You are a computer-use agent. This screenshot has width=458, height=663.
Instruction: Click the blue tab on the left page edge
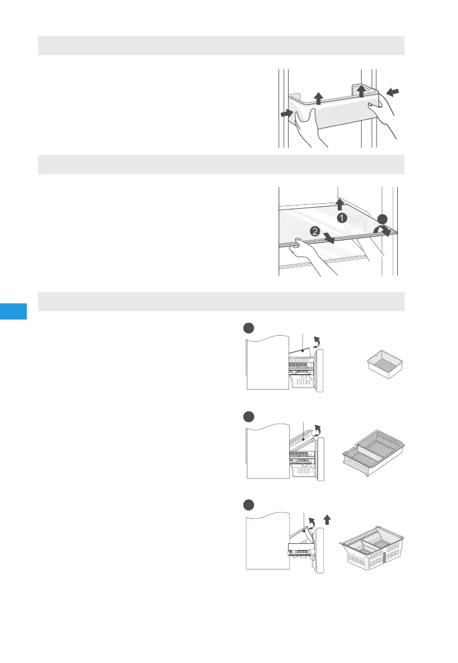(13, 311)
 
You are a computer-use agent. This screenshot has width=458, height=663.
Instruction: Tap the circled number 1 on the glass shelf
(342, 218)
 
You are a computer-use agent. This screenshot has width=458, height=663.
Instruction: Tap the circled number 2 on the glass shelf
(315, 231)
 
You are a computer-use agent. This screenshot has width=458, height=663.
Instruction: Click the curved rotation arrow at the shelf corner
(382, 230)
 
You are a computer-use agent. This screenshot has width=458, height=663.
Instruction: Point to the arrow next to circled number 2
(328, 237)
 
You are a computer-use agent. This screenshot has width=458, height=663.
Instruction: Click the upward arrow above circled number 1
(339, 204)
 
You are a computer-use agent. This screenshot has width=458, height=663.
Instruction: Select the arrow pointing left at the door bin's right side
(393, 91)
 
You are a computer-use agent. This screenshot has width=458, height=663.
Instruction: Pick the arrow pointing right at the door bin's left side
(287, 114)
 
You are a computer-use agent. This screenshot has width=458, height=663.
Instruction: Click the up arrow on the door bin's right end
(361, 91)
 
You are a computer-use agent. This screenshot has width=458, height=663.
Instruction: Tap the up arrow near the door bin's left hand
(319, 99)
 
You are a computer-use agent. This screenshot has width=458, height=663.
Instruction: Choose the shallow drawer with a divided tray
(373, 453)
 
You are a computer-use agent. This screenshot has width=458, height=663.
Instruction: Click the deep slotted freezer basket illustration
(372, 548)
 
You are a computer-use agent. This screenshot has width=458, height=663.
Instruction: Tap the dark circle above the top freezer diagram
(249, 328)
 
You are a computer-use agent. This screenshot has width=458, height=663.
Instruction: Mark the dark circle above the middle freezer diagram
(249, 417)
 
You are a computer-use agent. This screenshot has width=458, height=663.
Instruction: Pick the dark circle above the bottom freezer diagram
(249, 505)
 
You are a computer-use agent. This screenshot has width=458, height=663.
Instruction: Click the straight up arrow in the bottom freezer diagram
(327, 520)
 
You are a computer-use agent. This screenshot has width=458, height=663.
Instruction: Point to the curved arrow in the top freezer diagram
(316, 342)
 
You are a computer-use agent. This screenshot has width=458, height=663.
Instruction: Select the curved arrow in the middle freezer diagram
(316, 430)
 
